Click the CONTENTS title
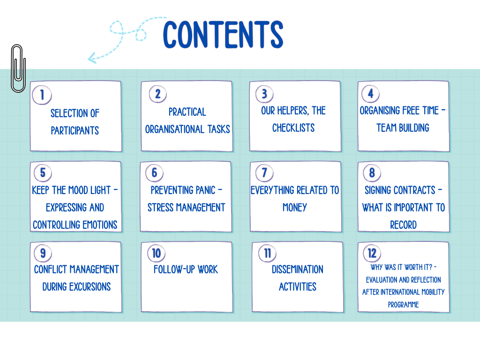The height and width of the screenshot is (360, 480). coord(223,34)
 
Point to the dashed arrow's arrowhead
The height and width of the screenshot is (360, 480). coord(91,58)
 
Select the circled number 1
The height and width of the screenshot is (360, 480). coord(42,95)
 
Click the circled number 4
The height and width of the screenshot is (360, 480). coord(370,94)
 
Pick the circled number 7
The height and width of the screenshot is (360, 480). coord(264,172)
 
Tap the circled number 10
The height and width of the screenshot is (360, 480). coord(156,254)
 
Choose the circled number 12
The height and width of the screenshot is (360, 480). coord(372,254)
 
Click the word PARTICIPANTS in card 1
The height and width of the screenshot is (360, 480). coord(75,130)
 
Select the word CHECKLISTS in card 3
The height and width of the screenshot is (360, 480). coord(293,128)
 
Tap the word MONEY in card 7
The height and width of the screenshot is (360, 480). coord(294,207)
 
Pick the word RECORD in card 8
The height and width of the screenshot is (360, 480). coord(403,225)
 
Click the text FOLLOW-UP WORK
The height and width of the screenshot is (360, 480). coord(186,270)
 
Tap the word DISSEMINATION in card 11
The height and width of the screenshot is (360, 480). coord(298,270)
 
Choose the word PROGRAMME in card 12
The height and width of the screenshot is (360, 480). coord(403,305)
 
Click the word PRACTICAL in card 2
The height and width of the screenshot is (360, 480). coord(187,112)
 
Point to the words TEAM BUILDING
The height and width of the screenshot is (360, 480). coord(403,128)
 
